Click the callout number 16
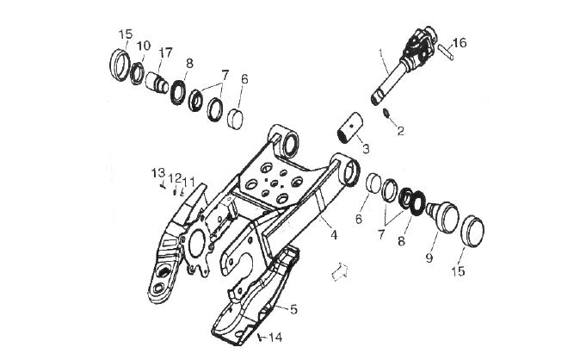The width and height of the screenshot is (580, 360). [460, 43]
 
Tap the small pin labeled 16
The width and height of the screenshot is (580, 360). [446, 53]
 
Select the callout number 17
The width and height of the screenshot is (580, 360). [165, 53]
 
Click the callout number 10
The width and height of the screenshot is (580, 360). [144, 46]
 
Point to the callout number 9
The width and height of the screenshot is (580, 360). [429, 258]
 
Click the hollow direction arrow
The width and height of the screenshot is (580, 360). [340, 271]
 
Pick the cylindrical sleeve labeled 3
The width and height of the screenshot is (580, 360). [349, 128]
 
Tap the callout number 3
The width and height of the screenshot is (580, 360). [366, 149]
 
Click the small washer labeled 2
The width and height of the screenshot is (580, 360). [386, 113]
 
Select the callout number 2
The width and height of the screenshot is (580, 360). [401, 131]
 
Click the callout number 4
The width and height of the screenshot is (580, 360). [334, 234]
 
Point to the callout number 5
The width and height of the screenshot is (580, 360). [293, 309]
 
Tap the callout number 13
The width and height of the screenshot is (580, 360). [158, 173]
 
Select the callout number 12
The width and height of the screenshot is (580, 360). [176, 178]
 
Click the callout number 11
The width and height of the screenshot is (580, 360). [189, 182]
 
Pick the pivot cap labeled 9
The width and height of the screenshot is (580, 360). [443, 217]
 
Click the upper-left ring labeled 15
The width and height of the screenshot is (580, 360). [120, 65]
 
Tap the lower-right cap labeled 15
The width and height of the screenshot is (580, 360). [472, 231]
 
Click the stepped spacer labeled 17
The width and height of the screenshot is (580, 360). [157, 83]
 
